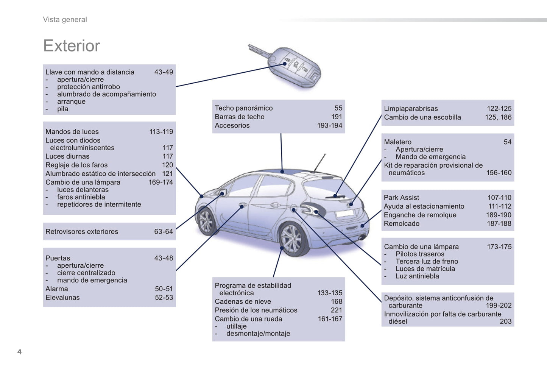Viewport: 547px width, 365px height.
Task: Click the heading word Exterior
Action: tap(72, 46)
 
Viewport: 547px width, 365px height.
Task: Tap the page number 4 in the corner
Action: tap(19, 352)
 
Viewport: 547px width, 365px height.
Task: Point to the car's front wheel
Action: tap(206, 222)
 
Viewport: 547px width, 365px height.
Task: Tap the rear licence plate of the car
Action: tap(344, 213)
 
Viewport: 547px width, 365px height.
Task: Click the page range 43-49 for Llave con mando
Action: tap(164, 72)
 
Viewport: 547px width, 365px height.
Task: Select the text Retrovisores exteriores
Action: tap(82, 232)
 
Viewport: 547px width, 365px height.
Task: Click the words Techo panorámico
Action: tap(243, 108)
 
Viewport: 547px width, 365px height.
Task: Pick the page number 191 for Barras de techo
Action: tap(336, 117)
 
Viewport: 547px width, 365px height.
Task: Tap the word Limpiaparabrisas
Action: tap(411, 109)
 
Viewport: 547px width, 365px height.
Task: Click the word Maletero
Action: tap(397, 142)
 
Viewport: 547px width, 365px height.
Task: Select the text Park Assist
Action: tap(401, 198)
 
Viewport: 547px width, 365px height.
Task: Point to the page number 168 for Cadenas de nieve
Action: tap(336, 302)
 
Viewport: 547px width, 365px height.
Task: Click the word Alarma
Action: tap(57, 289)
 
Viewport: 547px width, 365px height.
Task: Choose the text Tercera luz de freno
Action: tap(427, 262)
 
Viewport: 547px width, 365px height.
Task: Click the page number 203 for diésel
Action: tap(505, 321)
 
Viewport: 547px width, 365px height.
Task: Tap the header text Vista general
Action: tap(65, 20)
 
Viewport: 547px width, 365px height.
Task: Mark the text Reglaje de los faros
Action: tap(76, 165)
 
